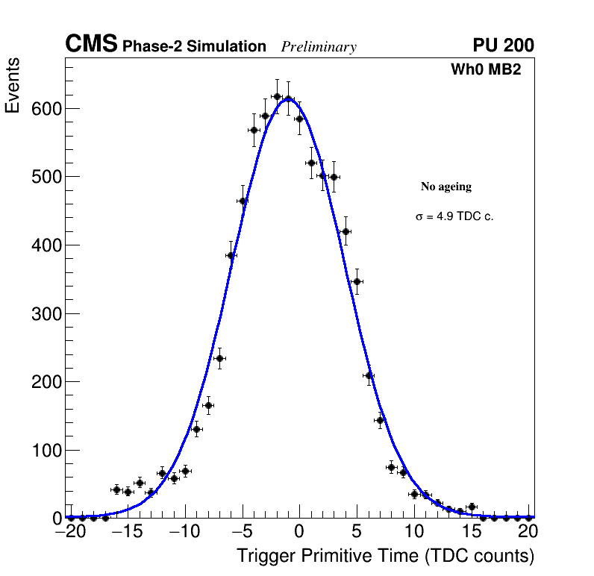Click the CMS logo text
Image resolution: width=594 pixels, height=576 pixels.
[91, 45]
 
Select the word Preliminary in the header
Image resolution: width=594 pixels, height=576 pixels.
[319, 47]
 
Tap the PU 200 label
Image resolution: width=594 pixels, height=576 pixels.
[503, 46]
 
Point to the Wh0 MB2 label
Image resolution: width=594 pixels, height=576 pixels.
[485, 69]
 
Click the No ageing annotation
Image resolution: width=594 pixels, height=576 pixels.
[446, 187]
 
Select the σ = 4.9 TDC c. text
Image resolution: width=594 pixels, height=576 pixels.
[454, 216]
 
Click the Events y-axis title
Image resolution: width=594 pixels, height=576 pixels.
[13, 86]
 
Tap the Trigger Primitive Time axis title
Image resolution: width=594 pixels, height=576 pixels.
[385, 556]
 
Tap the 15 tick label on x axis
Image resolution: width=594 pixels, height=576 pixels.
[472, 532]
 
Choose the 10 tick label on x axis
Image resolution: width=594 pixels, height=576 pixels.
[414, 532]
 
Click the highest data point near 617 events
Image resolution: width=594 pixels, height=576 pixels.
[277, 96]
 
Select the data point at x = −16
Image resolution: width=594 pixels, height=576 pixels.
[116, 489]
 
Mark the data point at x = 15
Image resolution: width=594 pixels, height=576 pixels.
[472, 507]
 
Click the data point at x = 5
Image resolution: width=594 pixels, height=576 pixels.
[357, 281]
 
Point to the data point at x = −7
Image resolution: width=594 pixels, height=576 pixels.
[219, 358]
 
